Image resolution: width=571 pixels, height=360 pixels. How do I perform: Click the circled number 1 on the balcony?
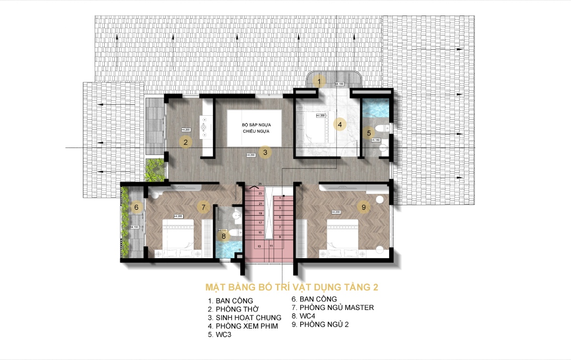click(x=319, y=81)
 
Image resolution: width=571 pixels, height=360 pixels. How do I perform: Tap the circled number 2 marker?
click(x=186, y=141)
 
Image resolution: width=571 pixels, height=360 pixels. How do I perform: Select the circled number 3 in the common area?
click(x=266, y=152)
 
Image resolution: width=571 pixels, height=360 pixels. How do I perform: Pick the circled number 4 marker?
click(x=339, y=125)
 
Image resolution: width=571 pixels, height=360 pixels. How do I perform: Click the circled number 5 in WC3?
click(x=368, y=133)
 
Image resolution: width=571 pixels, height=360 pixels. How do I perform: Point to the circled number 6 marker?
click(x=136, y=207)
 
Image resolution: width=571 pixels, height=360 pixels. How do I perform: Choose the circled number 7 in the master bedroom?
click(x=203, y=207)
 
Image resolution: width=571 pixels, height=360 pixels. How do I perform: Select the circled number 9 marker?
click(x=364, y=207)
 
